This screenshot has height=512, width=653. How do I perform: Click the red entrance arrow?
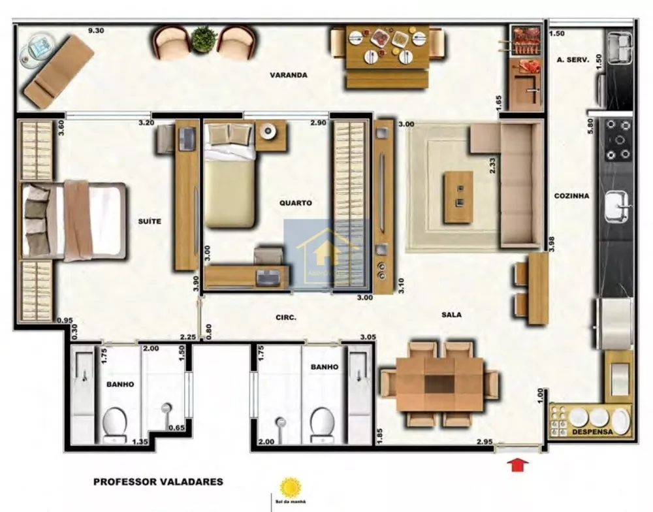pyautogui.click(x=517, y=464)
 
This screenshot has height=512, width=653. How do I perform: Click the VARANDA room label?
pyautogui.click(x=288, y=75)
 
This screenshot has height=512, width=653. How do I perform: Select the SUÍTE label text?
pyautogui.click(x=150, y=221)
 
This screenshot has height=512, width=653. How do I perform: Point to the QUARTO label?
pyautogui.click(x=295, y=203)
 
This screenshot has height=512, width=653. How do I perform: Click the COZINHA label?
pyautogui.click(x=571, y=195)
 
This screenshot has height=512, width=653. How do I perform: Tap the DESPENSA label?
pyautogui.click(x=590, y=432)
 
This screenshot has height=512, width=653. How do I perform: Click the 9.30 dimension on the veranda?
pyautogui.click(x=97, y=30)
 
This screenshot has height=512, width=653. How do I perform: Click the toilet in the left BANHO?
pyautogui.click(x=115, y=424)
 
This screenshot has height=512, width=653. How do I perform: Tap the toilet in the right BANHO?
pyautogui.click(x=323, y=424)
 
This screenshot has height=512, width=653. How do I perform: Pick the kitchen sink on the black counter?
pyautogui.click(x=616, y=206)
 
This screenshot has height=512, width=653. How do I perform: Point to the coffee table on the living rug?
pyautogui.click(x=457, y=196)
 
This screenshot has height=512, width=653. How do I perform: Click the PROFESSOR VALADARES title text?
pyautogui.click(x=158, y=482)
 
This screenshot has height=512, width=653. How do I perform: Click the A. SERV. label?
pyautogui.click(x=573, y=59)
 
